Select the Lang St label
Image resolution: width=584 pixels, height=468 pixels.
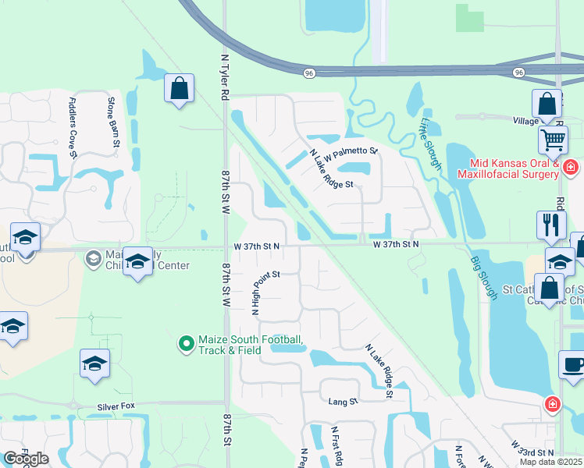tap(342, 401)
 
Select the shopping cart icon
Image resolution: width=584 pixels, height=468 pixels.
tap(553, 140)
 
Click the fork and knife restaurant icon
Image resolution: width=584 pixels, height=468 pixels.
tap(551, 225)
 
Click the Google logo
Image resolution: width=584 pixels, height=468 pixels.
tap(26, 459)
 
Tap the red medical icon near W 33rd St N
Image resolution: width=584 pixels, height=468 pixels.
tap(552, 403)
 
